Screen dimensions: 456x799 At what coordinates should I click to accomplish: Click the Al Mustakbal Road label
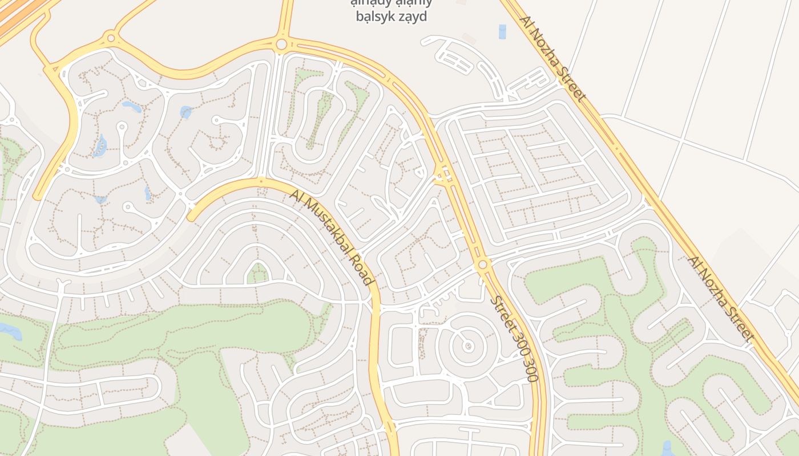332,237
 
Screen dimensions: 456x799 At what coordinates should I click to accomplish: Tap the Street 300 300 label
514,338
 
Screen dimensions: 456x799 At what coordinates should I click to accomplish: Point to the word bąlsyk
373,17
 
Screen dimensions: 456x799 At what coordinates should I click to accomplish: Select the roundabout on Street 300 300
483,264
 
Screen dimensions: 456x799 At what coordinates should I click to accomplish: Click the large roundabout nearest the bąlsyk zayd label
281,44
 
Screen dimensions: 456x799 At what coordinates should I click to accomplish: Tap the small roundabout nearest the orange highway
111,38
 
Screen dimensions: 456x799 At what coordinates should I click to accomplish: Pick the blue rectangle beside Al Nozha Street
502,31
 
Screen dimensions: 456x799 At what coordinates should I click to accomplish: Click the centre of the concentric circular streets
468,345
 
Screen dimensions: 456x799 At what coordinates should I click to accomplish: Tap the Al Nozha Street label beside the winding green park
720,298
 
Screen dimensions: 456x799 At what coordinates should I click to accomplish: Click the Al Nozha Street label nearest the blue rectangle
552,58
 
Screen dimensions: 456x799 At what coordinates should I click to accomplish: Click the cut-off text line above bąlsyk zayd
391,2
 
